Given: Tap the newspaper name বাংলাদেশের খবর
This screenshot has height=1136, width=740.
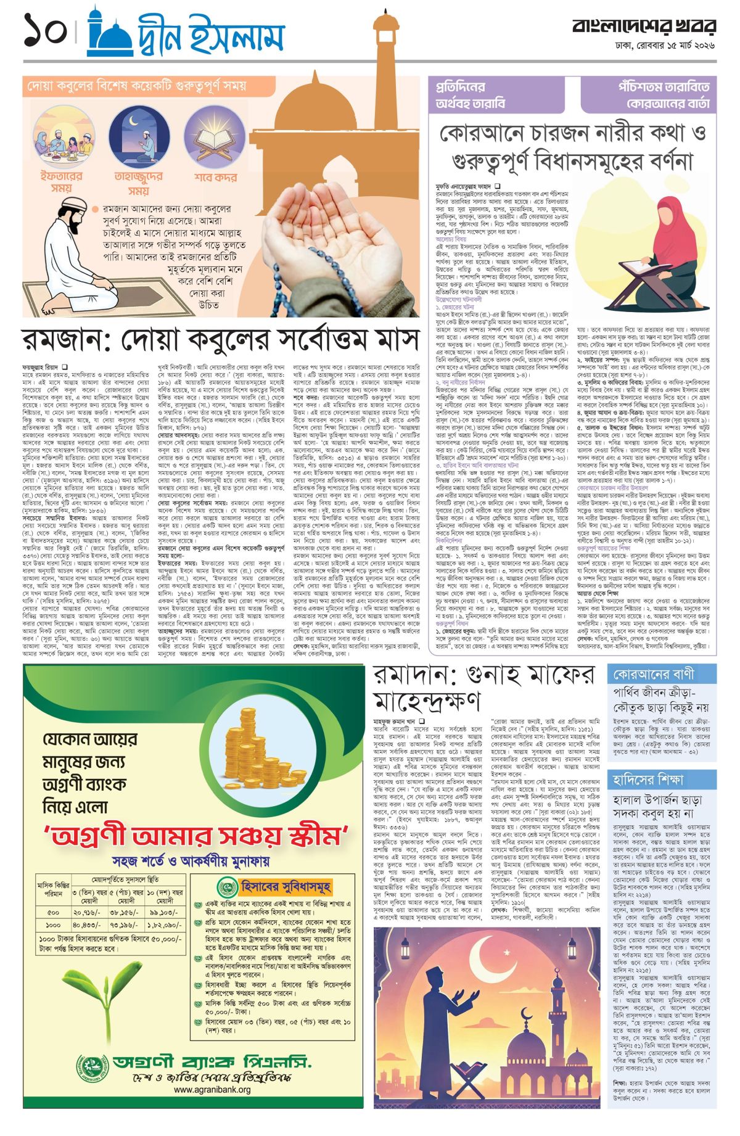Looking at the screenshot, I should pos(644,27).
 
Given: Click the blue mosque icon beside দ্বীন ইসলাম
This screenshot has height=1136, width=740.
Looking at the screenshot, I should pos(109,33).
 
